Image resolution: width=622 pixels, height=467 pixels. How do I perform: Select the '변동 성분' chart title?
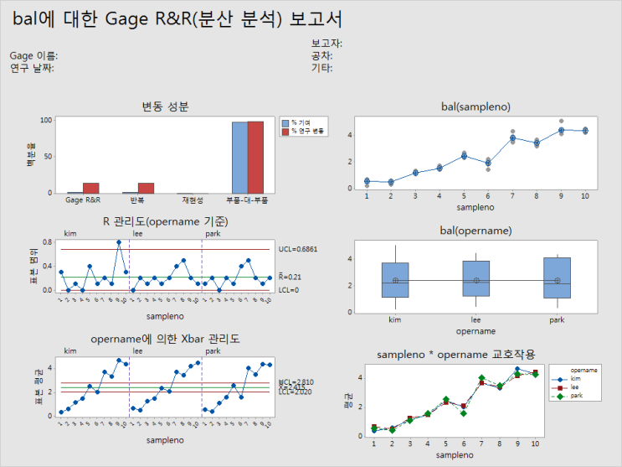tap(165, 106)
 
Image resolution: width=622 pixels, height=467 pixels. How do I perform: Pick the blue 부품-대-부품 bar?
tap(239, 158)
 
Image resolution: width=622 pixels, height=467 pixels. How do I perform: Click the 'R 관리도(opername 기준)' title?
tap(165, 221)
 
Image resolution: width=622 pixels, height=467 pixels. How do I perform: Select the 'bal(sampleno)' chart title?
tap(475, 106)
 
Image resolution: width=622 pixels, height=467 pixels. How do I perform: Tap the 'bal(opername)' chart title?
tap(475, 230)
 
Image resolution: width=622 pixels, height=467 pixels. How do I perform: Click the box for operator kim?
tap(395, 280)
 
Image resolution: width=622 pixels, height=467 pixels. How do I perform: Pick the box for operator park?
tap(557, 278)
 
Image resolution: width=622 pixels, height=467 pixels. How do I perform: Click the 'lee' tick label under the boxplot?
tap(475, 319)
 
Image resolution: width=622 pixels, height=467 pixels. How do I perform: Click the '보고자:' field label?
tap(326, 44)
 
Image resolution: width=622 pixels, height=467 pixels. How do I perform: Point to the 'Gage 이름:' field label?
tap(33, 56)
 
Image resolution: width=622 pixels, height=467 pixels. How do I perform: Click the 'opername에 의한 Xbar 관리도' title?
tap(165, 339)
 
